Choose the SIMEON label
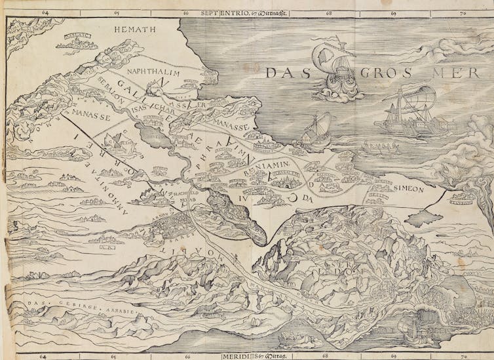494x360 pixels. [409, 188]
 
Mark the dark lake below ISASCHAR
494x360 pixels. [160, 136]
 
